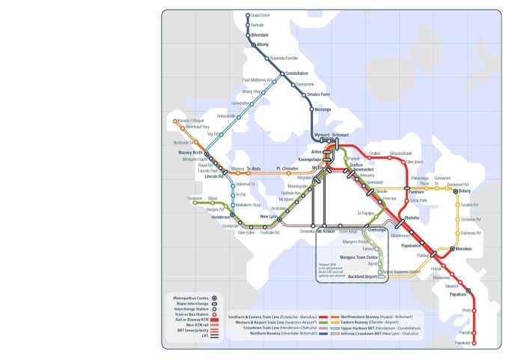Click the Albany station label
(263, 44)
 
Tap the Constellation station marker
(282, 73)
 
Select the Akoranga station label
(323, 109)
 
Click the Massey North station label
(191, 153)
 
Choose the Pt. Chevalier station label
(287, 168)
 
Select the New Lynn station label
(268, 216)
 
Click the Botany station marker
(456, 192)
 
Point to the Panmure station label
(416, 192)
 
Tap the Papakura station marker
(469, 290)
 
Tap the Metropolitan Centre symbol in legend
(214, 298)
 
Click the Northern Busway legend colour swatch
(323, 333)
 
